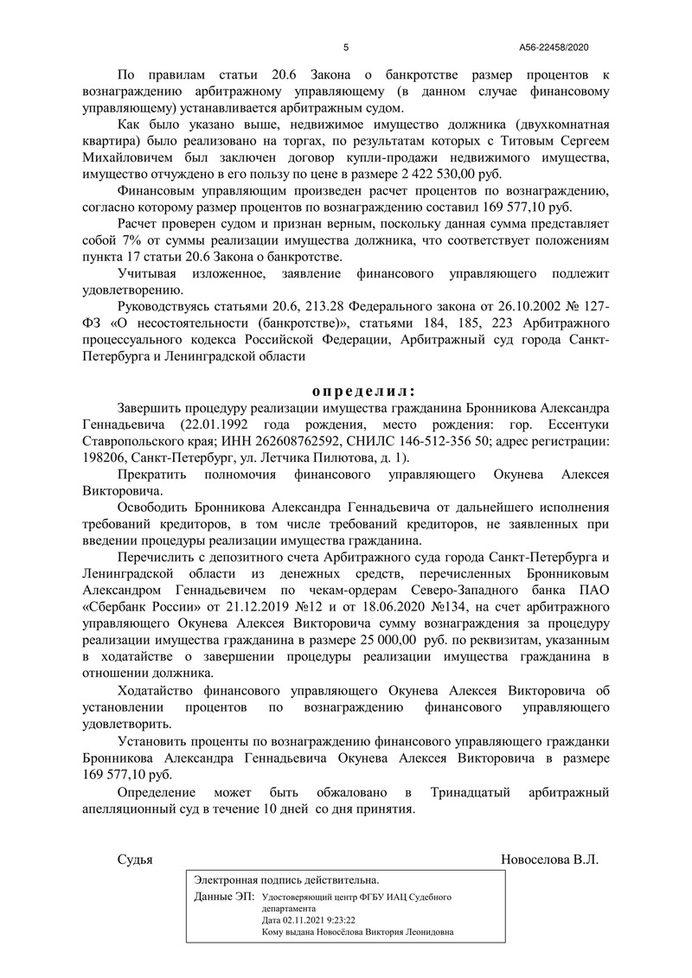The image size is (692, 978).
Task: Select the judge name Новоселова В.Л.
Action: (549, 860)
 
